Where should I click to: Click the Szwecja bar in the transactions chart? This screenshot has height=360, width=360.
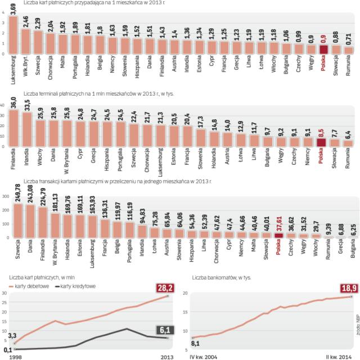click(x=18, y=220)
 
